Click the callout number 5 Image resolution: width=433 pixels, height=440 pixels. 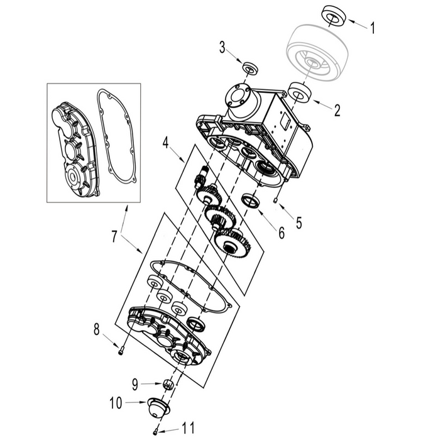point(299,222)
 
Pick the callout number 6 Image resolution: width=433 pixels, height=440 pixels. point(281,232)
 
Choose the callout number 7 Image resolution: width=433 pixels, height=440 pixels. point(114,237)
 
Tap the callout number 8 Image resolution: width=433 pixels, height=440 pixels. point(97,329)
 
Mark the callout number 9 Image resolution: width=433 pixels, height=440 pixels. point(135,382)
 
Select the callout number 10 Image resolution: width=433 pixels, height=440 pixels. point(116,401)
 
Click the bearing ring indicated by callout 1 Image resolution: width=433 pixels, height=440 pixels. point(334,15)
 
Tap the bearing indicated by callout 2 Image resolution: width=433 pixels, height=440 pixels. point(299,93)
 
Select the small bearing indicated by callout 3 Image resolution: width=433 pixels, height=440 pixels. point(250,67)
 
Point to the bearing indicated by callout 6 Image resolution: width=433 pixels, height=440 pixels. point(251,202)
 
